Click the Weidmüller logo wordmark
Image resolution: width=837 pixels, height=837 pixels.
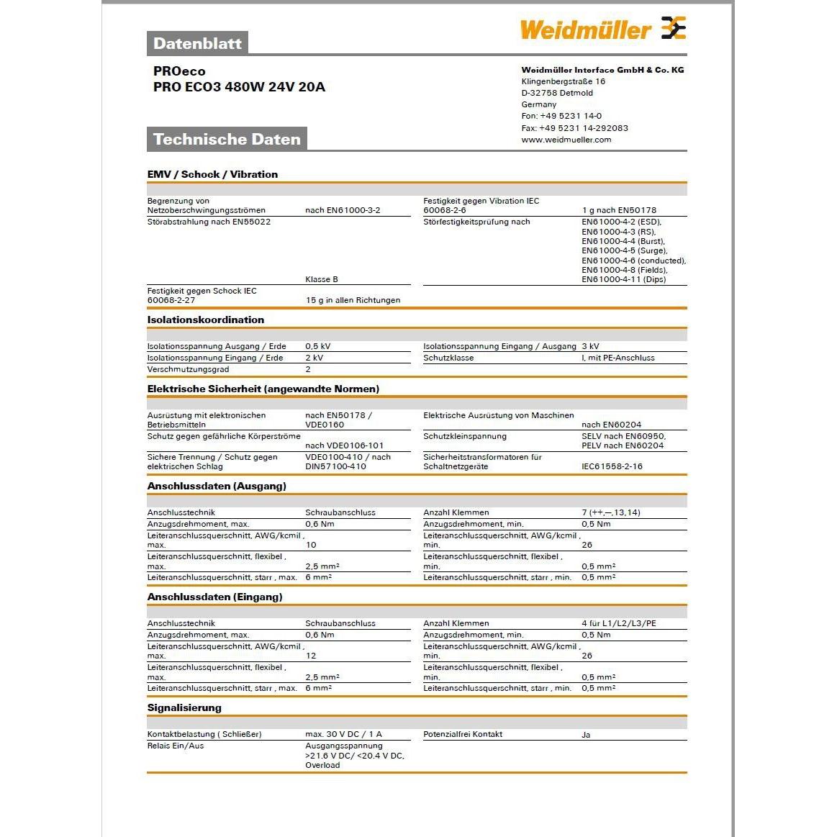(x=584, y=30)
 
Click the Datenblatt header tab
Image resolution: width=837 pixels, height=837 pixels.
(x=197, y=43)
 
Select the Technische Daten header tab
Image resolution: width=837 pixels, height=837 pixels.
(x=227, y=139)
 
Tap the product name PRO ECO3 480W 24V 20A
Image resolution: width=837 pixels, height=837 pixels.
(x=239, y=87)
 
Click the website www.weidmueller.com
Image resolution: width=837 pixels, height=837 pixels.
(x=566, y=140)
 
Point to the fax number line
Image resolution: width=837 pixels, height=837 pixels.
(x=574, y=128)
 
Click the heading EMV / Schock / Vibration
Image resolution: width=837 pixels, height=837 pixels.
(x=212, y=174)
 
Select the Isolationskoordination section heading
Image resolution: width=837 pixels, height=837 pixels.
(x=206, y=320)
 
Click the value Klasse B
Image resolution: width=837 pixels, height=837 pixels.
(x=321, y=279)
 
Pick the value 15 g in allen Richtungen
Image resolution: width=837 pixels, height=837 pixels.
(x=353, y=300)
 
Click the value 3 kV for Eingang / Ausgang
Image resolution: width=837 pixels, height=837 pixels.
(x=590, y=346)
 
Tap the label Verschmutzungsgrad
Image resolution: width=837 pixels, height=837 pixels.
(x=188, y=369)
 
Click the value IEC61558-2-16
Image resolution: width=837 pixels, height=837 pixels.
(x=612, y=466)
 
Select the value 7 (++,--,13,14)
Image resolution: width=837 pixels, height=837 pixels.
(x=610, y=512)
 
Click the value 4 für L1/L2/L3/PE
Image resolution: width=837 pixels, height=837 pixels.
(x=618, y=623)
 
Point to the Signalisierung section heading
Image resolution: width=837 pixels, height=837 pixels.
(x=184, y=707)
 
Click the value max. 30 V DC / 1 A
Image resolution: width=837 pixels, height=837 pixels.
(x=343, y=734)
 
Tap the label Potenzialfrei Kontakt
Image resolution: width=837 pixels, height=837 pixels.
(x=463, y=734)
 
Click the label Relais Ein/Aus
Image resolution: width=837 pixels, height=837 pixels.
(x=176, y=746)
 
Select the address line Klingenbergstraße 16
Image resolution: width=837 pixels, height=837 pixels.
(x=563, y=81)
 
